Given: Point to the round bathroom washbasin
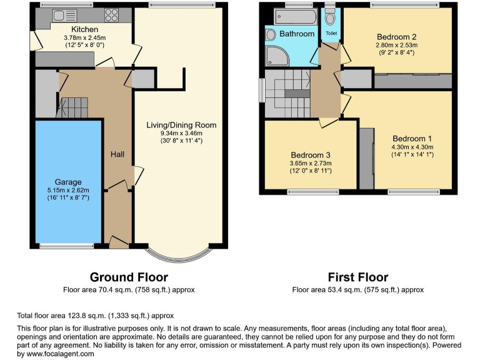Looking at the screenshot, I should point(271,36).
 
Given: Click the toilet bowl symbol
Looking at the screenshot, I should point(330,17).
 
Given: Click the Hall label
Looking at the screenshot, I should point(117,154).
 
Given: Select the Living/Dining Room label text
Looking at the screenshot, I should point(181,125).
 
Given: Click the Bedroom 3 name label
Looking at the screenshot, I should point(310,155).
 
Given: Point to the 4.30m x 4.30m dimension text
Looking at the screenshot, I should point(412,147).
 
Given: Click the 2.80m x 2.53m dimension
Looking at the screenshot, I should point(397,45).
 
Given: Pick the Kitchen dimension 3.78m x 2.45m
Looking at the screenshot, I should point(84,37).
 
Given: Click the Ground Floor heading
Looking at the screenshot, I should point(129,277).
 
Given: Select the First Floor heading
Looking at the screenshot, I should point(358,277).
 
